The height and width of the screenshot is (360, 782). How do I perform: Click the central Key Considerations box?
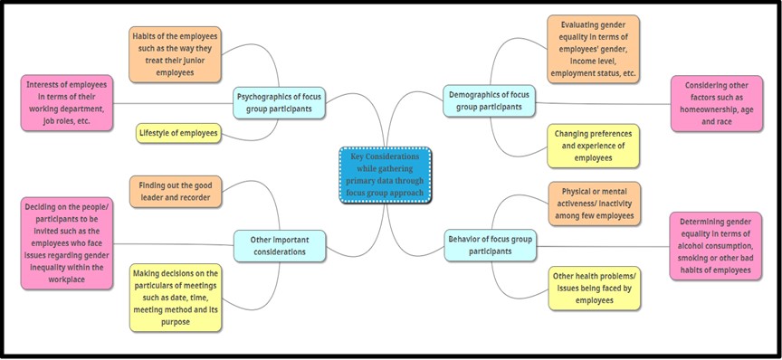(x=386, y=174)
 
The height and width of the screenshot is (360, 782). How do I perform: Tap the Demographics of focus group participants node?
(x=490, y=100)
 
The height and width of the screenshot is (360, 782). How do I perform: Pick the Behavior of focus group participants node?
(x=490, y=245)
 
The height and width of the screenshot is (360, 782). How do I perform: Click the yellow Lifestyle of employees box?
(x=179, y=134)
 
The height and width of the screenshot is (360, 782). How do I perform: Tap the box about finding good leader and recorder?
(x=176, y=192)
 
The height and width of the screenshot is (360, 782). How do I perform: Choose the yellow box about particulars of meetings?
(x=176, y=298)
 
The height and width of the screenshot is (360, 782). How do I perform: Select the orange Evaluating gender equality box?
(x=593, y=47)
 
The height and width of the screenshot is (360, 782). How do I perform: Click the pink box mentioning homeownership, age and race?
(x=716, y=102)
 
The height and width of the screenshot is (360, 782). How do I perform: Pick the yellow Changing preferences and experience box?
(x=594, y=145)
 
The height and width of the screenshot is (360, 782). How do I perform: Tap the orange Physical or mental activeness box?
(x=594, y=204)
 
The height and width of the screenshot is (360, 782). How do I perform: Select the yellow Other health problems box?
(x=594, y=288)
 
